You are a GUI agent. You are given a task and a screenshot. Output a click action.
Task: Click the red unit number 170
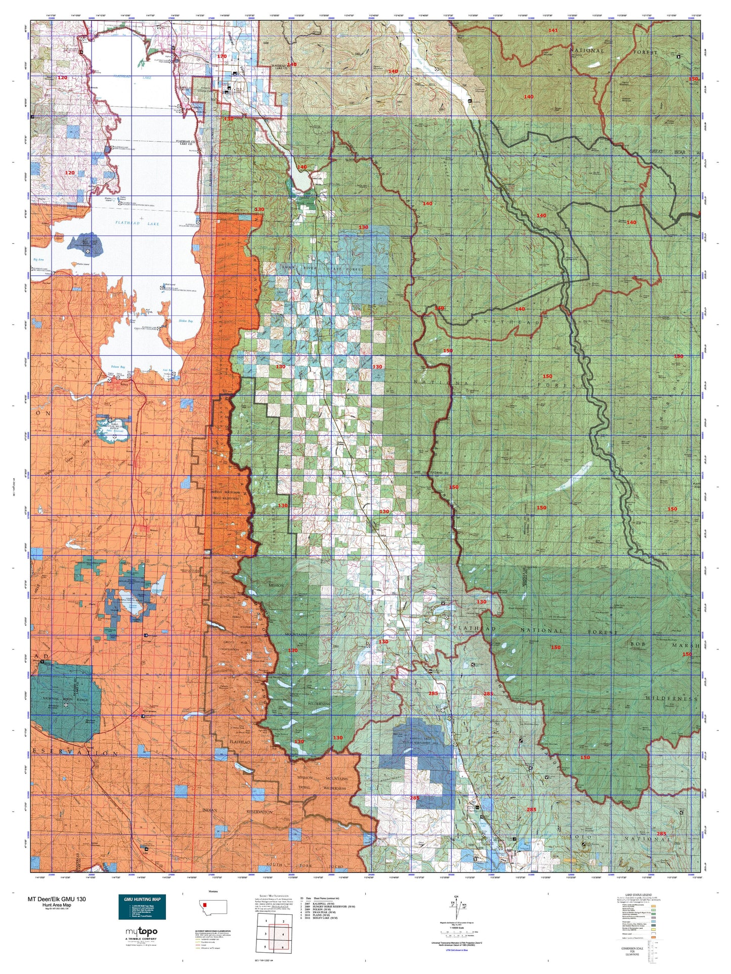click(222, 57)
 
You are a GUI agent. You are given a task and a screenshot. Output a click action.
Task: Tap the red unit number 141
click(553, 31)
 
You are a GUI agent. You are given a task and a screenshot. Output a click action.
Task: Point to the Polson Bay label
click(117, 367)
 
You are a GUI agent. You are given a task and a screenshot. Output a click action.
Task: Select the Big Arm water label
click(39, 259)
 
